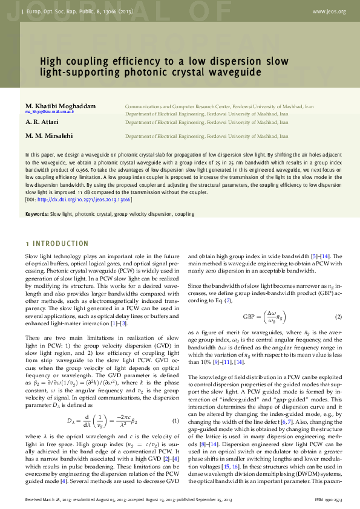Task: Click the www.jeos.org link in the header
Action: pos(329,11)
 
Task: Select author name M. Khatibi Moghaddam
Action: pos(61,106)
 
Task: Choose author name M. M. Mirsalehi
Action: pos(50,137)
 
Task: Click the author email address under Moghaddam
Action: pos(50,112)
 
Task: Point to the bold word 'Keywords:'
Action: pos(37,215)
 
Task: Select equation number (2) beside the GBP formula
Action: pos(339,317)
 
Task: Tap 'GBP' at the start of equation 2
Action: pos(248,317)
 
